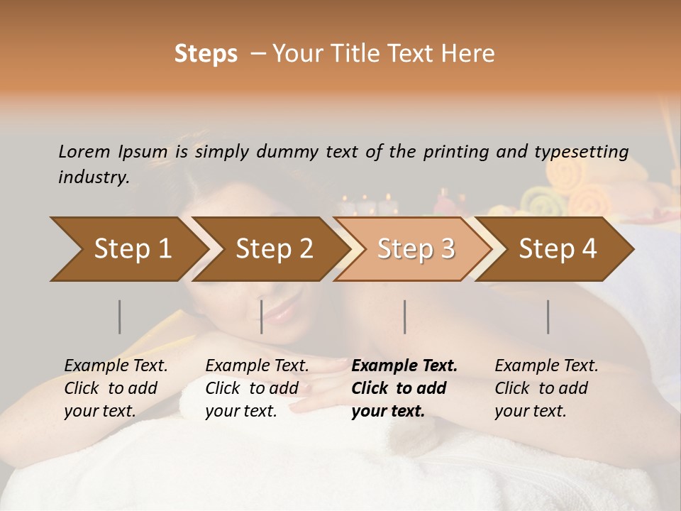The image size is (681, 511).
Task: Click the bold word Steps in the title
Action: click(206, 54)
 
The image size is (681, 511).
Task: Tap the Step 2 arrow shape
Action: click(270, 249)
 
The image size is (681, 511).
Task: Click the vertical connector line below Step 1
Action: click(119, 317)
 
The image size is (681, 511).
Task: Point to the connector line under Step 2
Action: click(261, 317)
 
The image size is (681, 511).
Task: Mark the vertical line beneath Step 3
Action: click(404, 317)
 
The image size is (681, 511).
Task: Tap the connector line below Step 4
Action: click(548, 317)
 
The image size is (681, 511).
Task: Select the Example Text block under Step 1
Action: click(116, 388)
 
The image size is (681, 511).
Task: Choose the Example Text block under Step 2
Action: click(257, 388)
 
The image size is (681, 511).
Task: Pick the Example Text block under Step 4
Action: click(546, 388)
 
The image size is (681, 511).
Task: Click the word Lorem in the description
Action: click(84, 151)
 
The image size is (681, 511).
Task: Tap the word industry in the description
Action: click(93, 177)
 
